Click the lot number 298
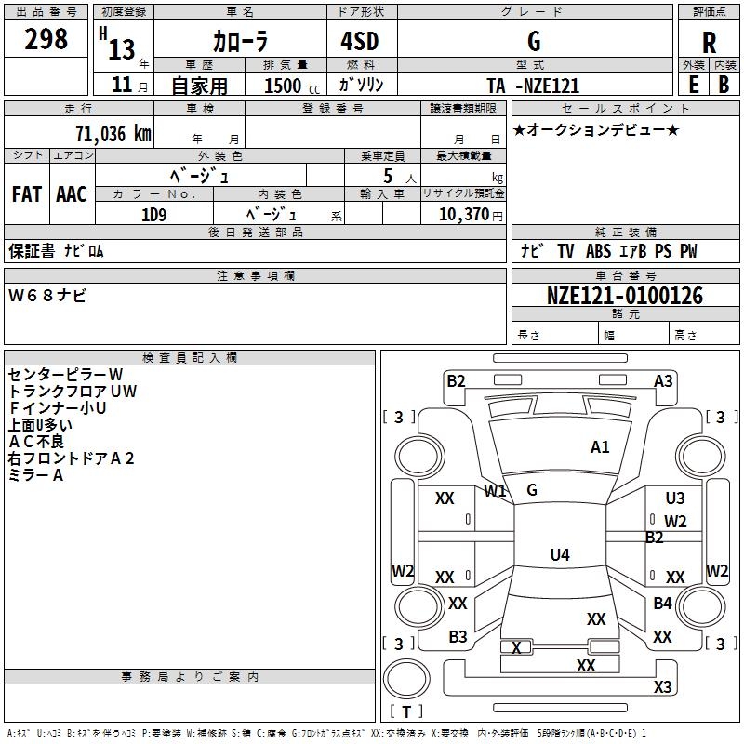click(46, 39)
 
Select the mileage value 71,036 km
click(113, 134)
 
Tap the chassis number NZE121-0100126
click(625, 296)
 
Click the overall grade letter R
click(709, 43)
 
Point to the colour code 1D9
click(154, 216)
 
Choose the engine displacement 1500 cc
click(292, 86)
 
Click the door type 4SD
click(360, 41)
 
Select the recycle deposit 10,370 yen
click(471, 215)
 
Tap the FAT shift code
click(27, 194)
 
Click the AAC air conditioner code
click(72, 194)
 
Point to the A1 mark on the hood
click(600, 447)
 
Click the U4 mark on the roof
click(560, 554)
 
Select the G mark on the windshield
click(532, 490)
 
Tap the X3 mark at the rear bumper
click(662, 686)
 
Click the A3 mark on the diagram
click(663, 381)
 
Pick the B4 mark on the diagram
click(662, 603)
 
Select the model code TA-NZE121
click(533, 86)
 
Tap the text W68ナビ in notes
click(47, 296)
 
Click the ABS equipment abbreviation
click(598, 251)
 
